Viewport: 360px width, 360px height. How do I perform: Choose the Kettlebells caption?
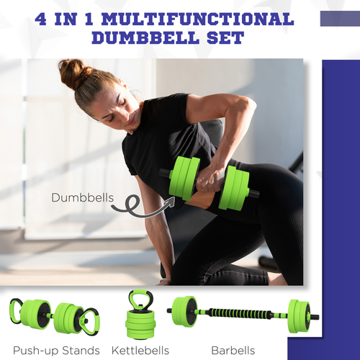[x=140, y=350]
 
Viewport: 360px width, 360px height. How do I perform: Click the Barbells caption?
[x=234, y=350]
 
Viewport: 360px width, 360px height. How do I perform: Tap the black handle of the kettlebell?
[x=140, y=299]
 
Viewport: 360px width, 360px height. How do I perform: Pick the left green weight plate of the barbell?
[x=184, y=312]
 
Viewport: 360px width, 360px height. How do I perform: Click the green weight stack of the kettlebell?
[x=140, y=323]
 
